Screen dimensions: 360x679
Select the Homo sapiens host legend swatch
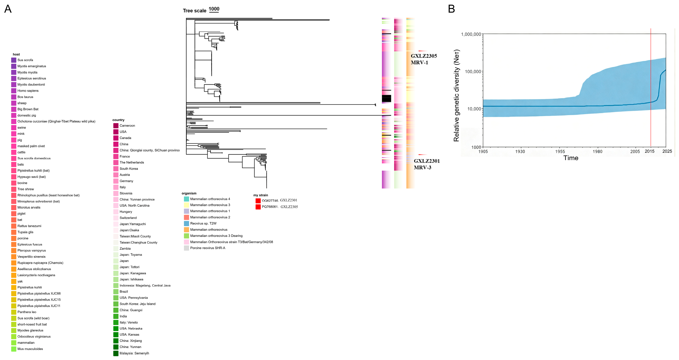point(14,91)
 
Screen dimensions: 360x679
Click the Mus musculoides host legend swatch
point(14,349)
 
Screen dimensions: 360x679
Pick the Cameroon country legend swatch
point(116,126)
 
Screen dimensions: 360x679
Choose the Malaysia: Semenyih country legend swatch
point(116,353)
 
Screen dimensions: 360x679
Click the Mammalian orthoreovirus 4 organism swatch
point(186,199)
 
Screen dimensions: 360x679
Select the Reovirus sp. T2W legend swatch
point(186,223)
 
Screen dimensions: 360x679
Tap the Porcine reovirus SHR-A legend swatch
point(186,248)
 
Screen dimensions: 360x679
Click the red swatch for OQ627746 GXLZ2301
point(258,200)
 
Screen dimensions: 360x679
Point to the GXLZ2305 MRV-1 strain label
point(424,59)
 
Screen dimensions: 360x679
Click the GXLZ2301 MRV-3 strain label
point(427,164)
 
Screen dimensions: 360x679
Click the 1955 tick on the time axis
point(560,151)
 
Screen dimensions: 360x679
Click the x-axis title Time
point(571,158)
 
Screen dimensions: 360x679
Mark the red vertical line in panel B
point(651,87)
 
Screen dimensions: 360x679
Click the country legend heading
point(118,120)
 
